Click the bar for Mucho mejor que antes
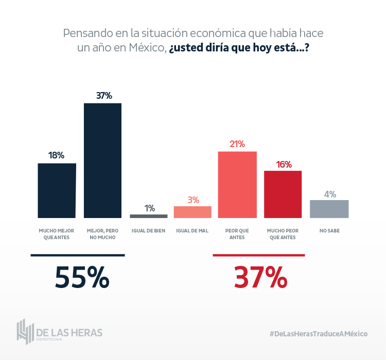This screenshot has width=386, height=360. pyautogui.click(x=57, y=191)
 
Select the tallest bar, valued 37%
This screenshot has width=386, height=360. pyautogui.click(x=103, y=160)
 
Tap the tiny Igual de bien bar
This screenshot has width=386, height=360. pyautogui.click(x=149, y=216)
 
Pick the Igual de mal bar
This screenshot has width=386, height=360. pyautogui.click(x=192, y=212)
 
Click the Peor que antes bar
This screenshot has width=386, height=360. pyautogui.click(x=237, y=185)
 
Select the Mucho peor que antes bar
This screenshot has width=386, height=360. pyautogui.click(x=283, y=194)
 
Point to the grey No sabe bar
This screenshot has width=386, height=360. pyautogui.click(x=329, y=209)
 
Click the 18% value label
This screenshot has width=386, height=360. pyautogui.click(x=56, y=155)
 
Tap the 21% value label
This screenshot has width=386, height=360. pyautogui.click(x=237, y=144)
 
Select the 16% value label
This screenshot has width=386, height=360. pyautogui.click(x=284, y=165)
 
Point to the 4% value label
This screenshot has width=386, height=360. pyautogui.click(x=330, y=194)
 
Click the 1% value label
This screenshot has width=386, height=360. pyautogui.click(x=149, y=208)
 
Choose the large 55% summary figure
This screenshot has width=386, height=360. pyautogui.click(x=82, y=278)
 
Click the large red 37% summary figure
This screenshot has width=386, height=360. pyautogui.click(x=260, y=278)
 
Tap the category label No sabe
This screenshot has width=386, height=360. pyautogui.click(x=329, y=231)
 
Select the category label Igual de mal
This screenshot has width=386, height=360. pyautogui.click(x=192, y=231)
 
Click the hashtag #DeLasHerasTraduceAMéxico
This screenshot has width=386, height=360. pyautogui.click(x=319, y=334)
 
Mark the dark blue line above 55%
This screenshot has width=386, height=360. pyautogui.click(x=78, y=255)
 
